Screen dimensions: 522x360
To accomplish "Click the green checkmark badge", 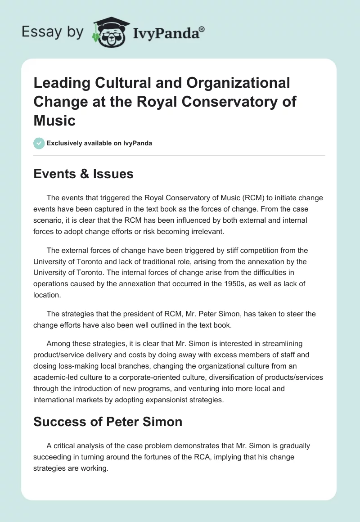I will click(39, 143).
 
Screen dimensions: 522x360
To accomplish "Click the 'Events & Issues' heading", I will click(83, 174).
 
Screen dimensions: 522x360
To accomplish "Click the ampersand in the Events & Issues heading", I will click(82, 174).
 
